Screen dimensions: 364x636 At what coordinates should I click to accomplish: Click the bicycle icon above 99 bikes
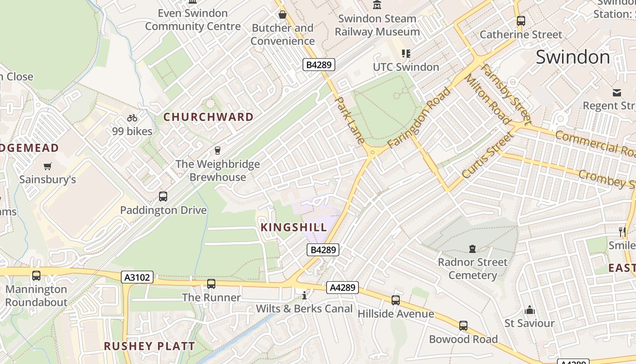[x=132, y=118]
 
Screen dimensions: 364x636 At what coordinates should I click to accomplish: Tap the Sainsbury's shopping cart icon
[x=47, y=166]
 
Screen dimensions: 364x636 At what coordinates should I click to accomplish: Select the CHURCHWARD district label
[x=209, y=117]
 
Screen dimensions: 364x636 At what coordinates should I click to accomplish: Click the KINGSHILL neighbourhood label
[x=294, y=227]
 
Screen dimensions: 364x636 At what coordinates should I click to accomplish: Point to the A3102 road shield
[x=138, y=277]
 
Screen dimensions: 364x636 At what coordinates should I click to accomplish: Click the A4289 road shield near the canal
[x=343, y=288]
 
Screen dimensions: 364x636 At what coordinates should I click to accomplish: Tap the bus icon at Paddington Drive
[x=163, y=197]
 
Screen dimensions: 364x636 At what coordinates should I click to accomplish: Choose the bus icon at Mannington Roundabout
[x=36, y=276]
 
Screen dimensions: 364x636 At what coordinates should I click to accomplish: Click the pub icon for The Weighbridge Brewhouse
[x=218, y=151]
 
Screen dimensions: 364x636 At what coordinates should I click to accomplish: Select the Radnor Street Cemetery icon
[x=472, y=249]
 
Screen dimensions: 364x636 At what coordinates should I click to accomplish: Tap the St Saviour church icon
[x=529, y=310]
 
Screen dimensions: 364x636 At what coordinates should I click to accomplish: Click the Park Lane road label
[x=349, y=120]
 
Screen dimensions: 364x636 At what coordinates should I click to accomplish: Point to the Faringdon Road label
[x=420, y=117]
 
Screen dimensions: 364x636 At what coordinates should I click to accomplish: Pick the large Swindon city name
[x=572, y=57]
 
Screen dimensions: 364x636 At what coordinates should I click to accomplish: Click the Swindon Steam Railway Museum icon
[x=377, y=5]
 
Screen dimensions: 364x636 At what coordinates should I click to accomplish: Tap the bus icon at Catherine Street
[x=521, y=21]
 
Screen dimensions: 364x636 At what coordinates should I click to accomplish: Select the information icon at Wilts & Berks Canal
[x=304, y=296]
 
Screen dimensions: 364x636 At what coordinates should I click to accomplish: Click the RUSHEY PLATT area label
[x=149, y=346]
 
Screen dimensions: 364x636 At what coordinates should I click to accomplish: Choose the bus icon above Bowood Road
[x=463, y=326]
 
